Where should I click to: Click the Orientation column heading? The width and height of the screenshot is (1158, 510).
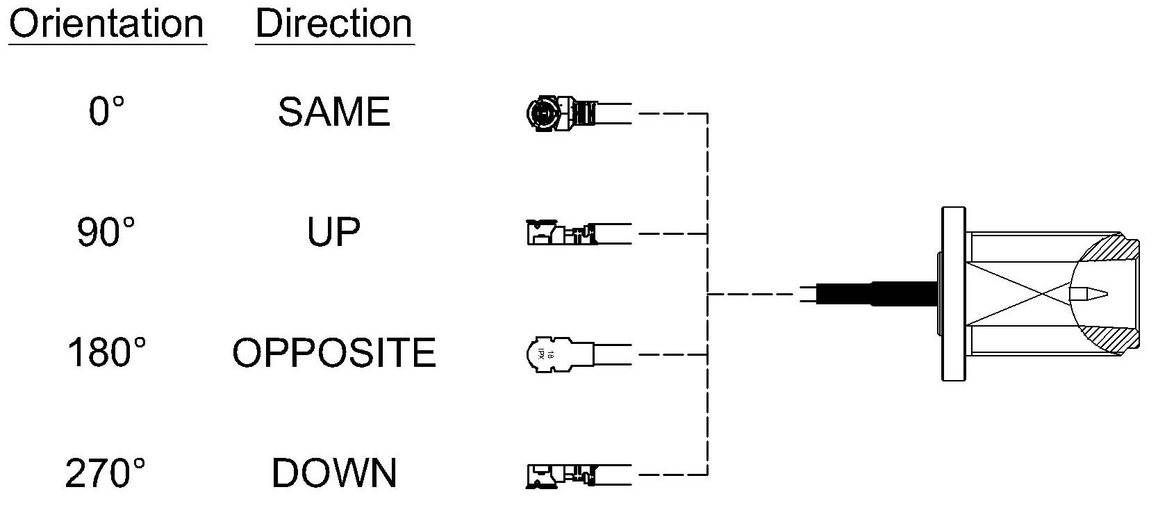[107, 24]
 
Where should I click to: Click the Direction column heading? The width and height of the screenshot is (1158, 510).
[334, 24]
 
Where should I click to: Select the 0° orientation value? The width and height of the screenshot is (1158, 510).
[106, 111]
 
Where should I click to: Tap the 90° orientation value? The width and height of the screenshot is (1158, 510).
[106, 232]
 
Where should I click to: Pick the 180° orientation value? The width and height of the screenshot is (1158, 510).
[106, 352]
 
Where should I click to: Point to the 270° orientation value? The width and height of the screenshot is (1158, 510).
[106, 472]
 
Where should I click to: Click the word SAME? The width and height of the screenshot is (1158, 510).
[334, 111]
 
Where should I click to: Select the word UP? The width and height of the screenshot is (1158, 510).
[333, 232]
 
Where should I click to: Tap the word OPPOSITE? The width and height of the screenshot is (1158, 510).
[334, 352]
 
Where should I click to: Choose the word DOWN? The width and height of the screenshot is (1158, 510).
[334, 472]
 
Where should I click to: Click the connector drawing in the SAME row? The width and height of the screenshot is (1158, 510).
[579, 113]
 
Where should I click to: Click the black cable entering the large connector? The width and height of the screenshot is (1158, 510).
[876, 294]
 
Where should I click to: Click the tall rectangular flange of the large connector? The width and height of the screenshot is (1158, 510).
[953, 294]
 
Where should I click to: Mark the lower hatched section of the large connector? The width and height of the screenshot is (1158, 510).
[1111, 336]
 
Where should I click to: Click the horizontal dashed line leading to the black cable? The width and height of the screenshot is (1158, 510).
[752, 295]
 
